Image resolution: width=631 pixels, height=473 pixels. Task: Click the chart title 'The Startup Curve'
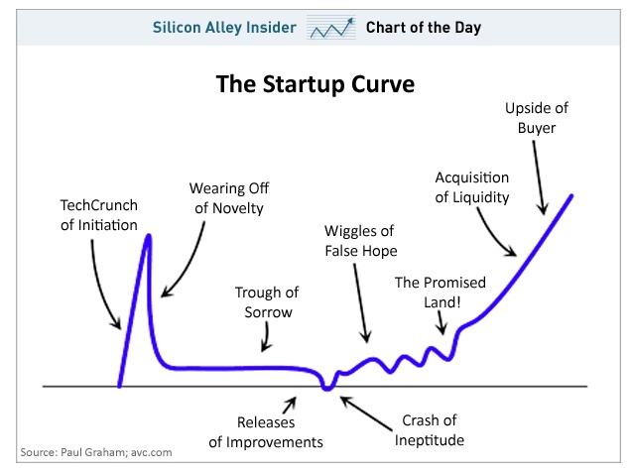[315, 84]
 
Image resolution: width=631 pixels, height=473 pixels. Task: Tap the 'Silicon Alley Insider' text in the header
[224, 28]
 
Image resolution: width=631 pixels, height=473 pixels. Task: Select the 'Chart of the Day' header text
[424, 28]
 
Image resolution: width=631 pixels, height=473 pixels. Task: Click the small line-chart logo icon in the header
[331, 28]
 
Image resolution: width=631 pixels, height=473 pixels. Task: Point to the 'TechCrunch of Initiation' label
[99, 215]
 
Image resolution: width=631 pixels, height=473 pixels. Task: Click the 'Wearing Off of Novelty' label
[229, 198]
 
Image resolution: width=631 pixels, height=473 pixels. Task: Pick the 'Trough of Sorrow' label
[267, 302]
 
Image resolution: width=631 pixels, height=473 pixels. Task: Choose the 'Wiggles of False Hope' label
[360, 241]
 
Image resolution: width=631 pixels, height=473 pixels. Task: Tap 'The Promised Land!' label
[441, 292]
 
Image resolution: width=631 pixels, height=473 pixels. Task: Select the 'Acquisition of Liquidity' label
[472, 187]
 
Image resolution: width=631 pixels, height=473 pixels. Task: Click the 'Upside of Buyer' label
[537, 118]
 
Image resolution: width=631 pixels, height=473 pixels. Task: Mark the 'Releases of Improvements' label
[266, 432]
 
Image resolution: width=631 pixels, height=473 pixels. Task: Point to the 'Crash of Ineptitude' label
[430, 430]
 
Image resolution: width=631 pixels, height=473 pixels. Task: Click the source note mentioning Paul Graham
[96, 452]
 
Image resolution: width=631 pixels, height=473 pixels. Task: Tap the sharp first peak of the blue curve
[149, 236]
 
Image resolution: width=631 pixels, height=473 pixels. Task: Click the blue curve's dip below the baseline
[327, 388]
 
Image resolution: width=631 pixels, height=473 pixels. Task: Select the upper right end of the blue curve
[571, 196]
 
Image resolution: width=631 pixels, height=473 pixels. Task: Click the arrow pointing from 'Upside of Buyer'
[539, 177]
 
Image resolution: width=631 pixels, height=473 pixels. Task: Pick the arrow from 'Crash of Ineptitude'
[366, 414]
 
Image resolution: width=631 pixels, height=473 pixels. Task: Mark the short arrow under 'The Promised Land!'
[442, 323]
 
